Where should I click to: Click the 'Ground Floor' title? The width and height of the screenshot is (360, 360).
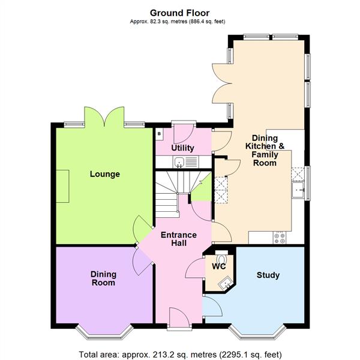pyautogui.click(x=179, y=13)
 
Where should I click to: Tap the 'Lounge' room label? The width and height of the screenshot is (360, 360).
pyautogui.click(x=105, y=175)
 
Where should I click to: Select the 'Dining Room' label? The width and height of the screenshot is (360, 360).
pyautogui.click(x=103, y=278)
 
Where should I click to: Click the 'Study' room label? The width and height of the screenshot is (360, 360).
pyautogui.click(x=268, y=275)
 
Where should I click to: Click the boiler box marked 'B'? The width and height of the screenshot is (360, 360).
pyautogui.click(x=160, y=134)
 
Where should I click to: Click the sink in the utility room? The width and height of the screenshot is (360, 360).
pyautogui.click(x=179, y=161)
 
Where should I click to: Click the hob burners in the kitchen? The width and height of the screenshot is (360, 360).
pyautogui.click(x=280, y=236)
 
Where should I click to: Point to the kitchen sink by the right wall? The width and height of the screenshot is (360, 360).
pyautogui.click(x=298, y=190)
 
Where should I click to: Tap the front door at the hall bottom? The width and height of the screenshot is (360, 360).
pyautogui.click(x=178, y=317)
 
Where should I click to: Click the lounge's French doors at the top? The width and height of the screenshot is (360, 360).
pyautogui.click(x=105, y=116)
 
